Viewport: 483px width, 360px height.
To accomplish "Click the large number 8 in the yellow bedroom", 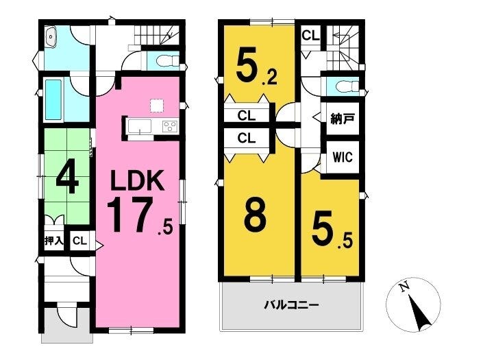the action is (255, 217).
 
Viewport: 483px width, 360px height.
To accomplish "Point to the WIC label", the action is (343, 157).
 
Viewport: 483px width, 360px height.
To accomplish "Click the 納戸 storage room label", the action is (343, 119).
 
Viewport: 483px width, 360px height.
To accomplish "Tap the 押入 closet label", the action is (54, 241).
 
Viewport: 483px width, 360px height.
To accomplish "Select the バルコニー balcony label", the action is (291, 305).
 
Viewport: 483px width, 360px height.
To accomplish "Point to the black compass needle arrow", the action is (419, 313).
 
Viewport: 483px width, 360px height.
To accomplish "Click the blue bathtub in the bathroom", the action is (53, 100).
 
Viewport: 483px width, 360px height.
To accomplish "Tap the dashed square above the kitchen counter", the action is (156, 106).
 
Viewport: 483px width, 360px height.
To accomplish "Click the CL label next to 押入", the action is (79, 241).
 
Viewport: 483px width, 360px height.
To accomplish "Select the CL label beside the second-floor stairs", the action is (310, 36).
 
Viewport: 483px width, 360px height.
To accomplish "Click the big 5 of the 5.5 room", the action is (323, 227).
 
